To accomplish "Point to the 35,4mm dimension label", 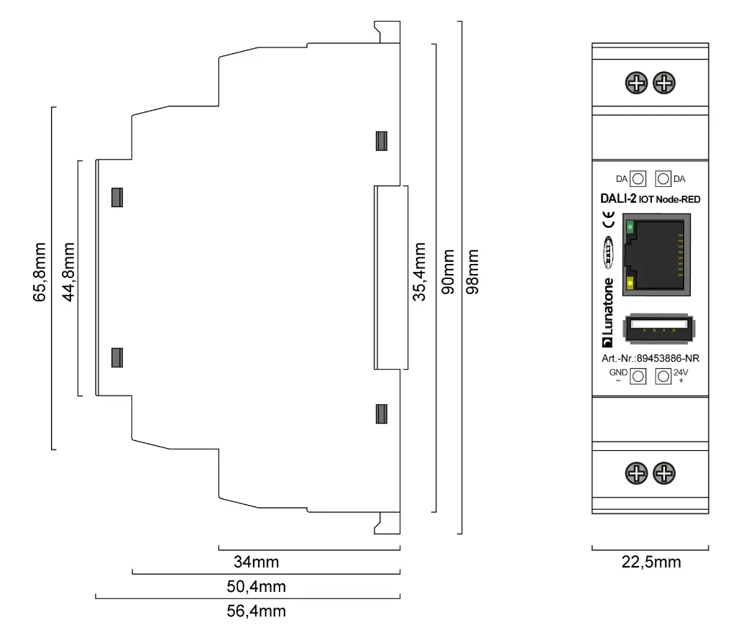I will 420,271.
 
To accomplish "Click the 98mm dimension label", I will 472,271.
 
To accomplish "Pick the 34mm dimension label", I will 256,562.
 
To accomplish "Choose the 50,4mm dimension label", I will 256,587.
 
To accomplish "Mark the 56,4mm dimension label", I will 256,612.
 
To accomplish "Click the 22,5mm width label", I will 650,562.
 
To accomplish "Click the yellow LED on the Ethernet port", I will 630,283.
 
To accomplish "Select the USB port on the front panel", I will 660,330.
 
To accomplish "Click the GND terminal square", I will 638,376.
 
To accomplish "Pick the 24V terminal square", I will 663,376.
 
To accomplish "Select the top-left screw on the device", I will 637,83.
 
